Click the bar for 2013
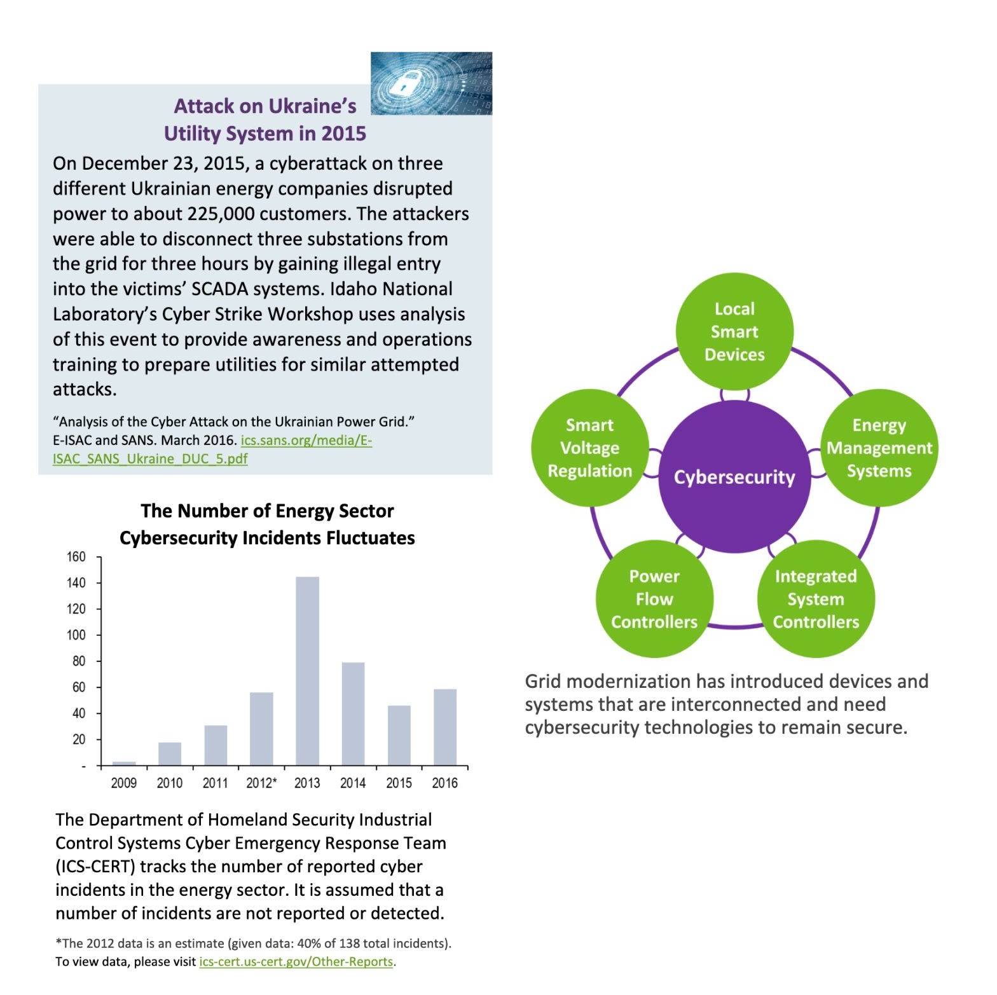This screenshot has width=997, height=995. click(307, 671)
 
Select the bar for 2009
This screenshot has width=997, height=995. click(124, 763)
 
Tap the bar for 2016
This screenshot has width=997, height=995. click(444, 727)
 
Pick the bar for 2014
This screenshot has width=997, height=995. click(353, 713)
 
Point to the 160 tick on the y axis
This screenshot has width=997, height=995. click(76, 557)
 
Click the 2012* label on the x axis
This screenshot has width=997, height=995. click(261, 783)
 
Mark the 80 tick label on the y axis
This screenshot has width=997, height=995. click(78, 661)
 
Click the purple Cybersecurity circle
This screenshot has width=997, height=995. click(734, 477)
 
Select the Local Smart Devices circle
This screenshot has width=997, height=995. click(734, 331)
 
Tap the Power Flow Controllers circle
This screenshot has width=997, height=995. click(654, 599)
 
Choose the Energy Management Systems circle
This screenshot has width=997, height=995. click(879, 448)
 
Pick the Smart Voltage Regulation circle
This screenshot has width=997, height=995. click(589, 448)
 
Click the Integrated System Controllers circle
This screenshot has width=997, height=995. click(816, 599)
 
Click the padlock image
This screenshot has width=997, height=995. click(431, 83)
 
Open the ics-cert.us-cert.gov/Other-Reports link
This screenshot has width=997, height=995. click(296, 961)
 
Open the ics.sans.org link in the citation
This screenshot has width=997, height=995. click(306, 440)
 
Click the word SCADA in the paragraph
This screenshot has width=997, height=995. click(220, 289)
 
